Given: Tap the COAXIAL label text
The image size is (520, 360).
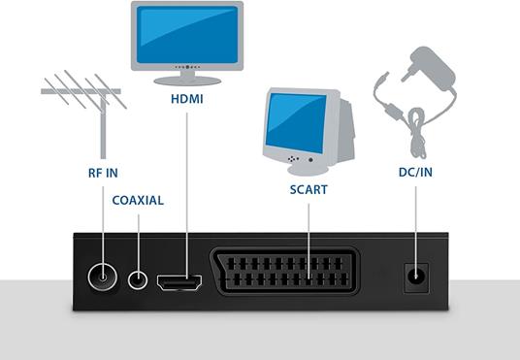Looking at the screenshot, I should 138,201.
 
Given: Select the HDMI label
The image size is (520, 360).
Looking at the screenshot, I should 186,100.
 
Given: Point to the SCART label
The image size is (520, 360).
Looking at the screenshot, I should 308,190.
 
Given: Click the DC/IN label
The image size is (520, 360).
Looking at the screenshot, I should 417,173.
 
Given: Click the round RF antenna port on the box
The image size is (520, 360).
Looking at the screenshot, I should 102,279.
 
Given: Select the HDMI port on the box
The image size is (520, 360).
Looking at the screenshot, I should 179,282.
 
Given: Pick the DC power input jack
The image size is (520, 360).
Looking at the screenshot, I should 417,278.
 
